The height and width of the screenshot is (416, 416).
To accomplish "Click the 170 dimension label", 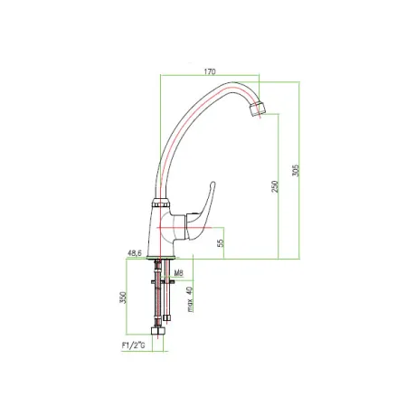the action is [210, 71].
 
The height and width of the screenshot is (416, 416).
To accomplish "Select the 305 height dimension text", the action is [297, 170].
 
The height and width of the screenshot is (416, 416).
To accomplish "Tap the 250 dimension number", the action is [275, 187].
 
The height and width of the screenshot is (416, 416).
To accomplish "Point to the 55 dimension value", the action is [222, 243].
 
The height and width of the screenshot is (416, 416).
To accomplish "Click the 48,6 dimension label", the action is [135, 253].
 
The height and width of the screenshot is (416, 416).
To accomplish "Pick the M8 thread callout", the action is [179, 273].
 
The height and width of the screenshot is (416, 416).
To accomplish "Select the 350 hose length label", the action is [123, 298].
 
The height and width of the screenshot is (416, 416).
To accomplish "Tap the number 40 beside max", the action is [190, 291].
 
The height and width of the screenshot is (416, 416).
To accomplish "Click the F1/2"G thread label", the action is [133, 345].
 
